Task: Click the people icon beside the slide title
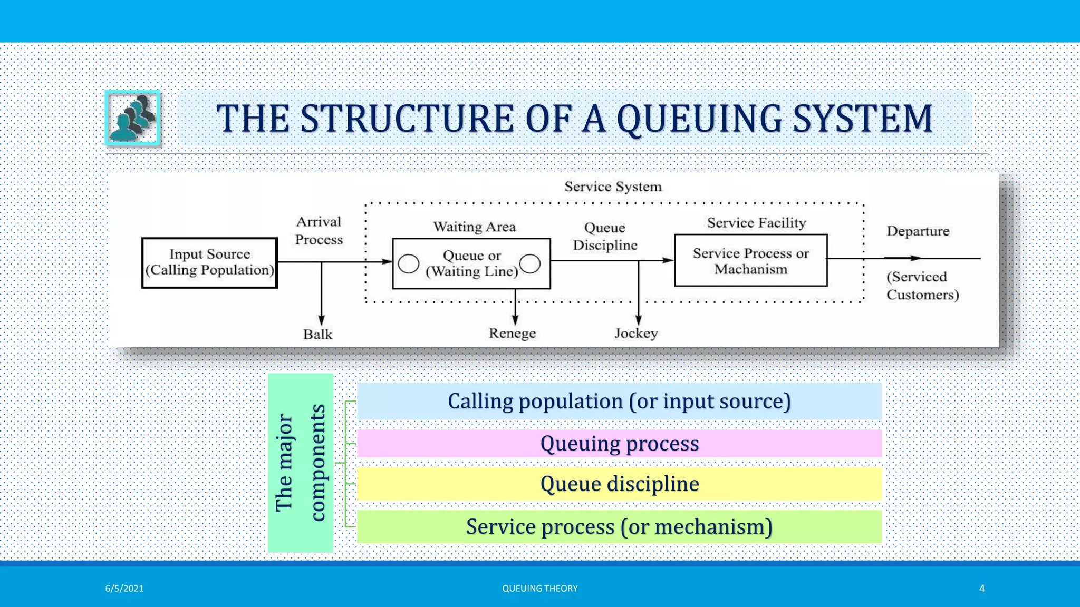133,118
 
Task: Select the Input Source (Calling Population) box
209,262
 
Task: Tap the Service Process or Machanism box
750,261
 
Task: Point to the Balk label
317,335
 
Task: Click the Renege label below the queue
512,334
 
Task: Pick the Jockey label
636,334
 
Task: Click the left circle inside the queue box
409,263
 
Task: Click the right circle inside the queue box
530,263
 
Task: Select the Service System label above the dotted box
613,187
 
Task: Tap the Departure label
918,231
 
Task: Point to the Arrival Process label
319,231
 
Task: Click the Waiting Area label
474,227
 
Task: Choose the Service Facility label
756,223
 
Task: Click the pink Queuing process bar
619,444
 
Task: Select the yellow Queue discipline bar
619,484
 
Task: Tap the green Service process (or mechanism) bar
619,527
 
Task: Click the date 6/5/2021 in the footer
124,589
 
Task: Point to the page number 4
981,589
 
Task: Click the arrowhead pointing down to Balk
321,320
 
